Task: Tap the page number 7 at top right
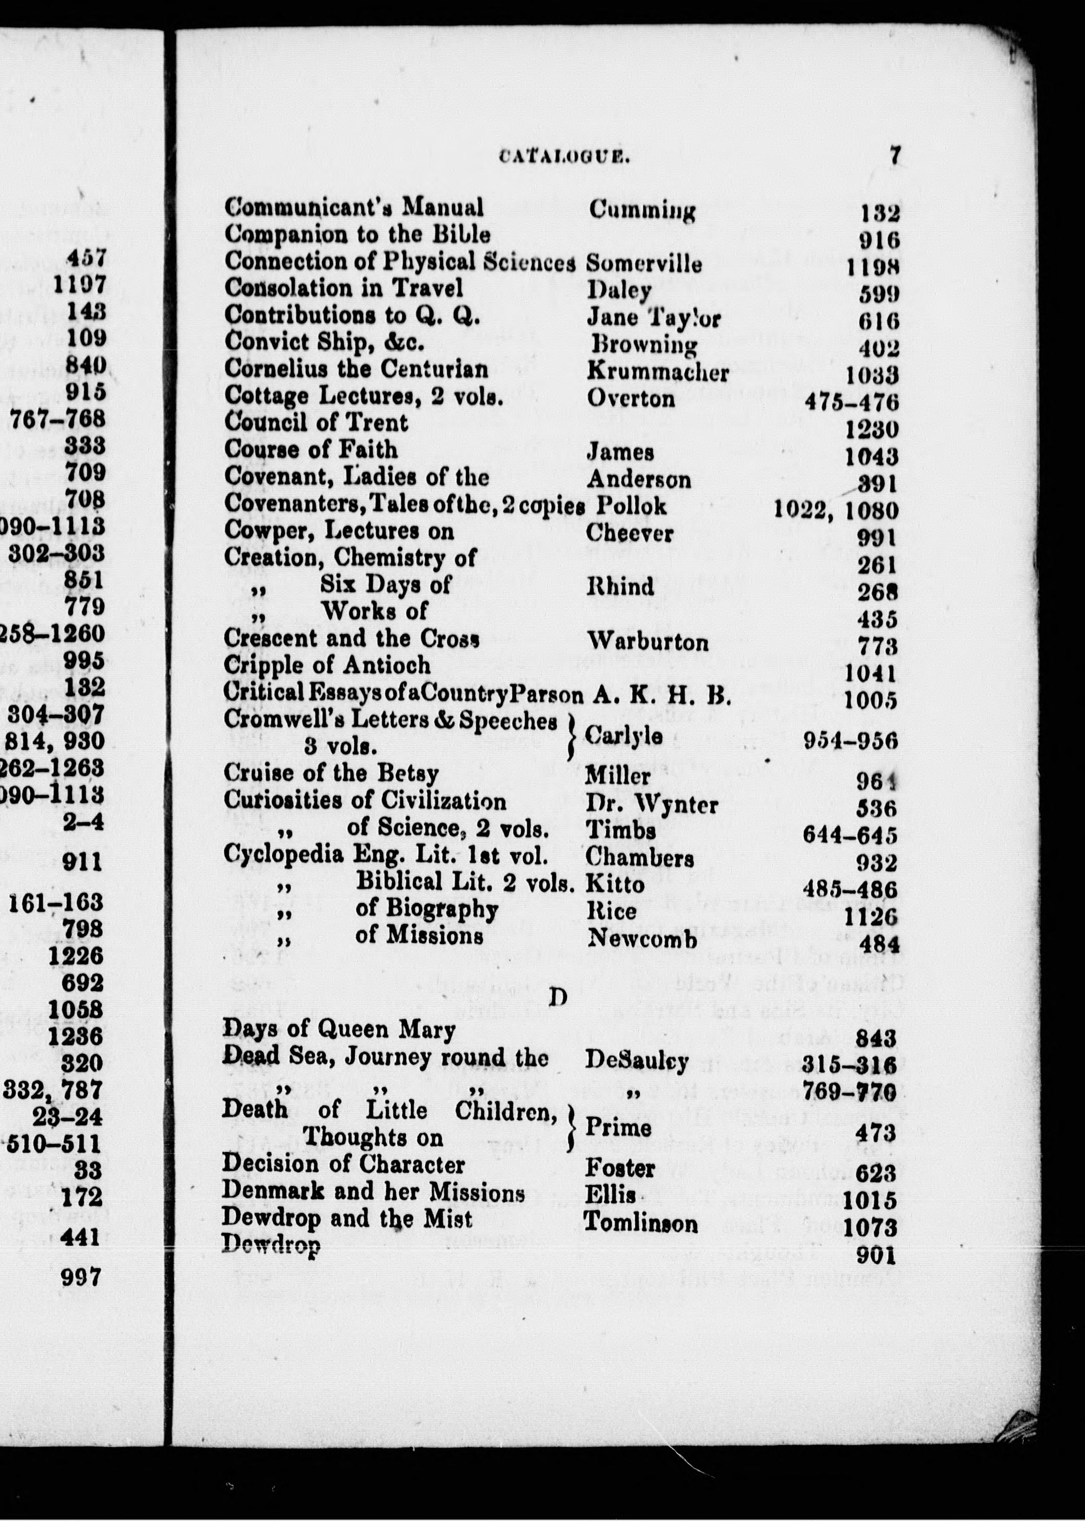click(x=895, y=155)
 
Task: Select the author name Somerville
click(x=643, y=264)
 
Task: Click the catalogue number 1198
click(x=872, y=267)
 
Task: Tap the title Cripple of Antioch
click(x=327, y=665)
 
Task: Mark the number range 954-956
click(x=850, y=741)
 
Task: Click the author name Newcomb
click(x=641, y=939)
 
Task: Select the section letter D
click(x=557, y=998)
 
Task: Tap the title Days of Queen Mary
click(x=339, y=1029)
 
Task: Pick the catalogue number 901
click(x=875, y=1256)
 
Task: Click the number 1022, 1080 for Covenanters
click(x=835, y=510)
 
